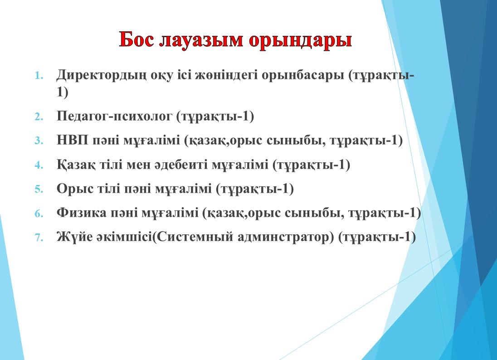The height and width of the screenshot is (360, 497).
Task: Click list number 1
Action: [39, 76]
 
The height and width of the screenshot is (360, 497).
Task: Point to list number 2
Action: [39, 117]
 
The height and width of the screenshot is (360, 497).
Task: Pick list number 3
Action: [39, 141]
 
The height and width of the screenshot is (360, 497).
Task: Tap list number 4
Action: [39, 165]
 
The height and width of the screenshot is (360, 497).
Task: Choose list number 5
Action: [39, 189]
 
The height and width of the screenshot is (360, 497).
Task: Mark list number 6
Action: [39, 213]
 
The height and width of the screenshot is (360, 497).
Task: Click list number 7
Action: [39, 237]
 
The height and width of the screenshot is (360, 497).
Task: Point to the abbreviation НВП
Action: [72, 140]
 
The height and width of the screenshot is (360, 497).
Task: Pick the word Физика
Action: [82, 213]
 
